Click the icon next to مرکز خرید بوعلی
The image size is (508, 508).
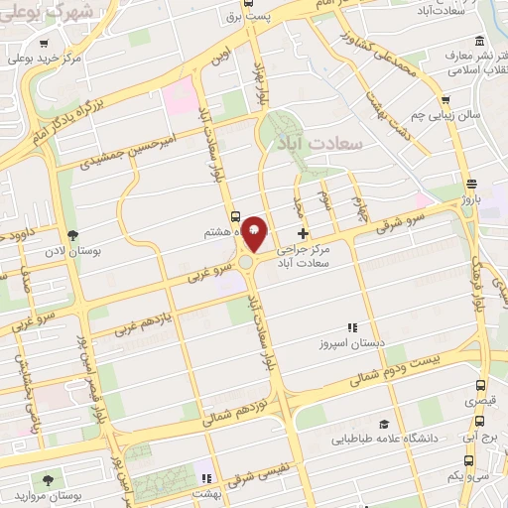coord(47,44)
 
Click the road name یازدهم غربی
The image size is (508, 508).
coord(143,316)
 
